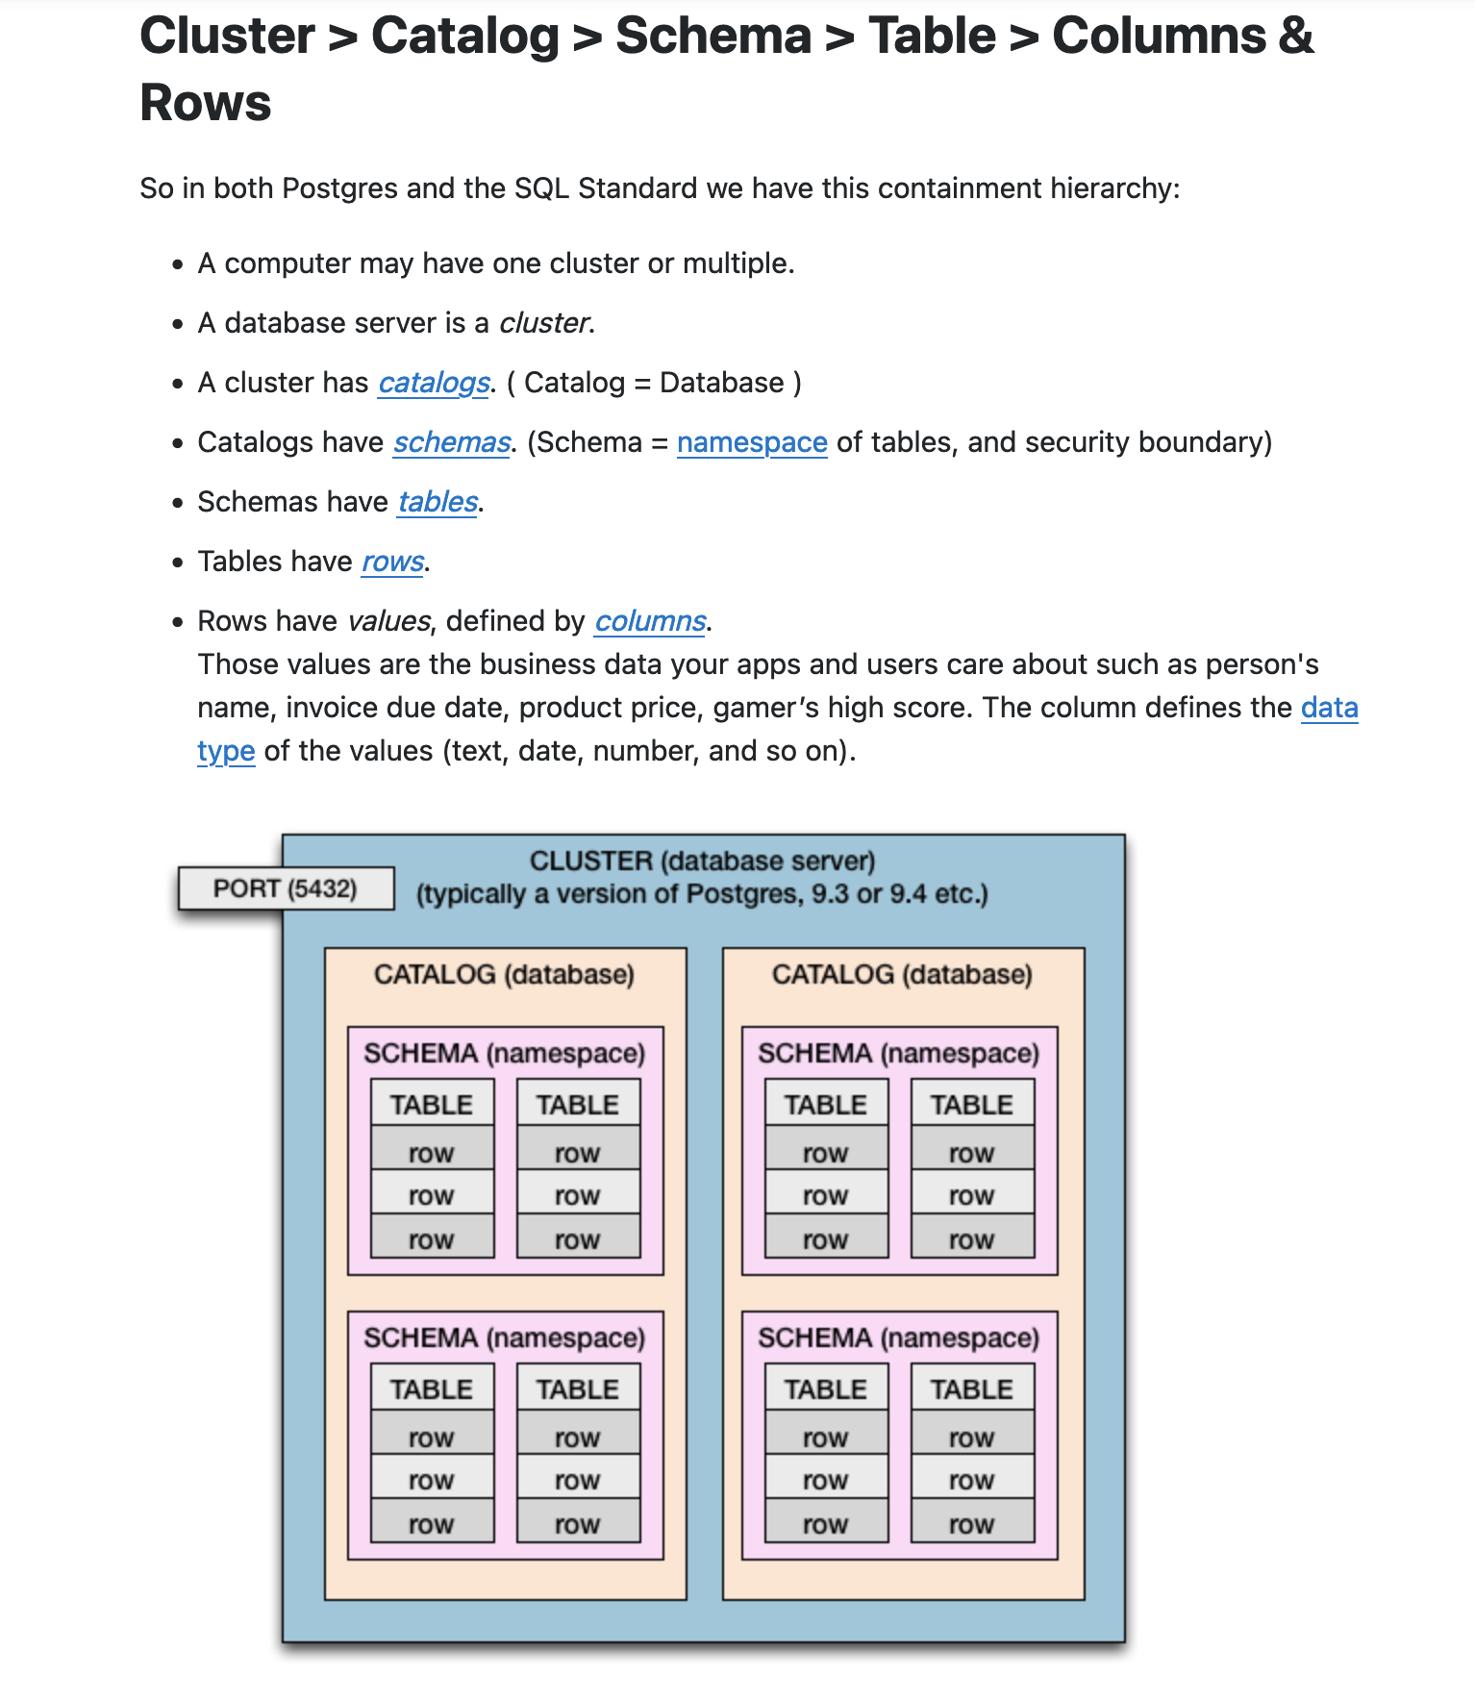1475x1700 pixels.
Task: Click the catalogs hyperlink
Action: [434, 383]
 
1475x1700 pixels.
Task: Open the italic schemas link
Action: [452, 442]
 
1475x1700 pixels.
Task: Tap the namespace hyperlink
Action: [751, 442]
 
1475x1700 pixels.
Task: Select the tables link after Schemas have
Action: [437, 502]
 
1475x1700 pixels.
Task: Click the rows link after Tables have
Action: [392, 562]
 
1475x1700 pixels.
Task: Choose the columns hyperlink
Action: [650, 621]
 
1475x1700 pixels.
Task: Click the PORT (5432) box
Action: [286, 888]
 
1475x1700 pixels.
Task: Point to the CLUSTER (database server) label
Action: [702, 861]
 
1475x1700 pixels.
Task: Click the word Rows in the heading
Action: [206, 103]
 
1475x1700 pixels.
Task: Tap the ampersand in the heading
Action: [1295, 37]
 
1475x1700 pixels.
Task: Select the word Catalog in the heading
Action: [464, 37]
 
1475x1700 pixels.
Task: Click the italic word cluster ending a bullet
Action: [543, 323]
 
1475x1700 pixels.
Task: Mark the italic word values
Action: [388, 621]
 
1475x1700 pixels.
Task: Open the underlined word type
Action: [226, 751]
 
